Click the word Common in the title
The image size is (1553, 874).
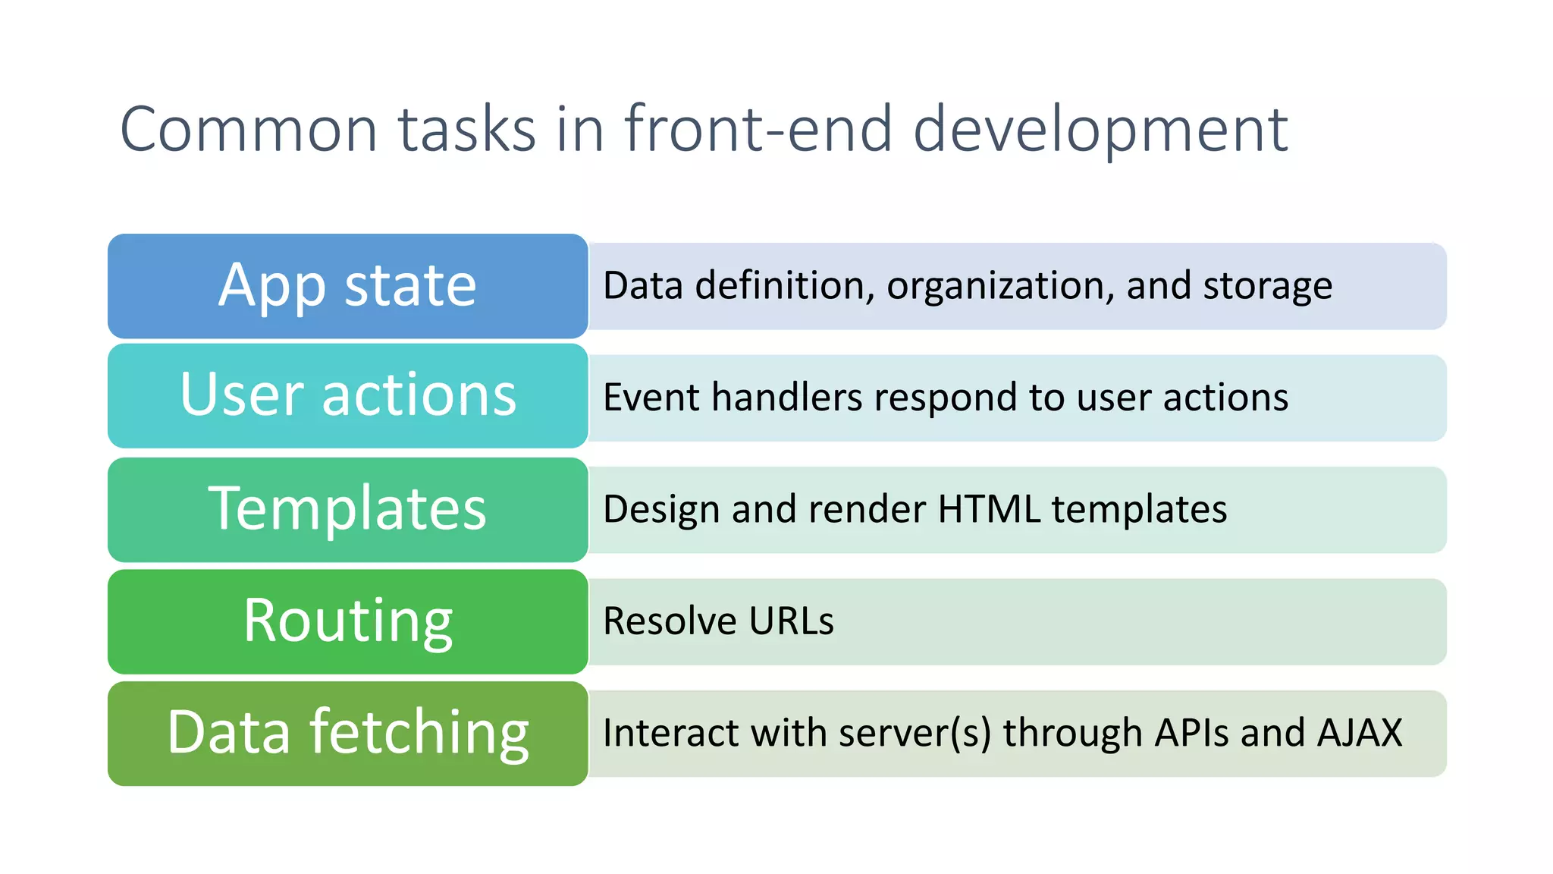pyautogui.click(x=249, y=130)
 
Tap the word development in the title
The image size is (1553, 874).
pyautogui.click(x=1100, y=130)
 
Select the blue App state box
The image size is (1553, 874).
pyautogui.click(x=347, y=286)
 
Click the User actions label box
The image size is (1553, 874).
pyautogui.click(x=347, y=395)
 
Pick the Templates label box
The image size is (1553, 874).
pyautogui.click(x=347, y=508)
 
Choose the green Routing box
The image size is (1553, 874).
pyautogui.click(x=347, y=621)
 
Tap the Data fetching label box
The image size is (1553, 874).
pyautogui.click(x=347, y=733)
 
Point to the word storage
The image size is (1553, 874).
pyautogui.click(x=1267, y=286)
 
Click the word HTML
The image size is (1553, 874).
pyautogui.click(x=989, y=508)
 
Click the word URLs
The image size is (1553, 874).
pyautogui.click(x=791, y=621)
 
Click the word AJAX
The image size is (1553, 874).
pyautogui.click(x=1360, y=733)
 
